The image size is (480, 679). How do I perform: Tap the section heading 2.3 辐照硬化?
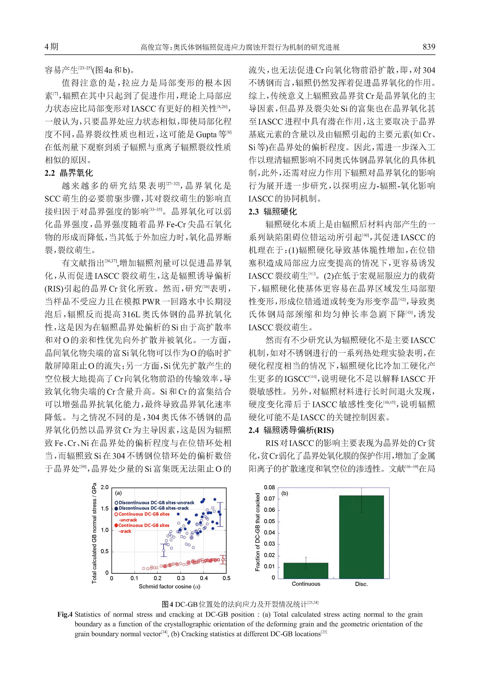273,211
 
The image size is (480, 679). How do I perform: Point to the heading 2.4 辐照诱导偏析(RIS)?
291,430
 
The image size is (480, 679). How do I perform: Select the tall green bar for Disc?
361,537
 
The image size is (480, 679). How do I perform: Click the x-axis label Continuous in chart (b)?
306,584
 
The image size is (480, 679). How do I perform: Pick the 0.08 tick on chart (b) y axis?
269,488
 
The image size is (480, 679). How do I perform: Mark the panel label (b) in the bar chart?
285,493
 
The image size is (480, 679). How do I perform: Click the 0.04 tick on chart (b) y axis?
269,533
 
